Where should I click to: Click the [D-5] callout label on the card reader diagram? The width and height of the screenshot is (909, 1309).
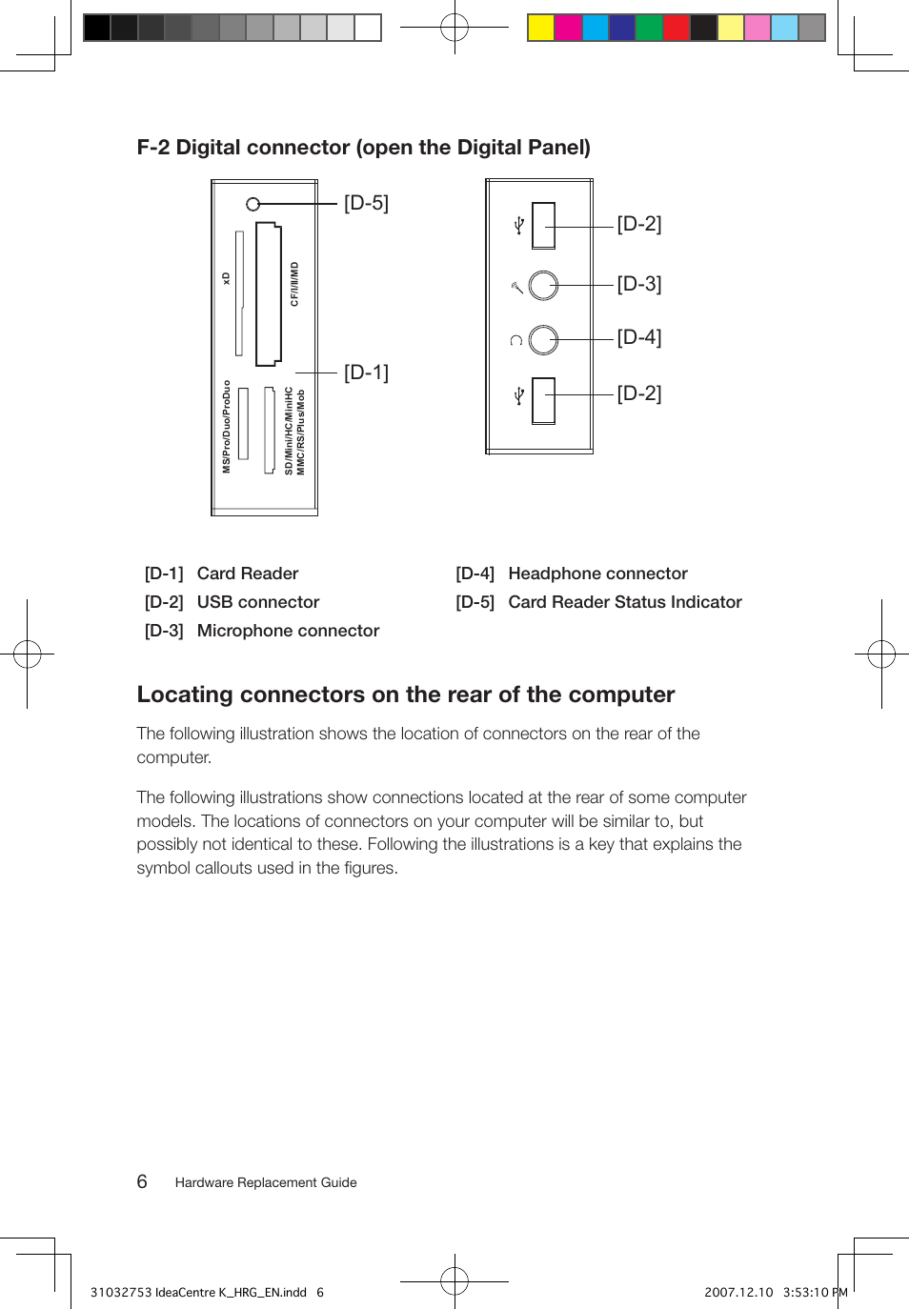366,203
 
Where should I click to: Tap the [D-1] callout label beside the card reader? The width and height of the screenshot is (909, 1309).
366,373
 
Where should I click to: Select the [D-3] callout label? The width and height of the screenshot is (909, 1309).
638,284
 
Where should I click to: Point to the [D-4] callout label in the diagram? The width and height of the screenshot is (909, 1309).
638,337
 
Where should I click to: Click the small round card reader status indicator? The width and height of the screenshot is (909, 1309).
252,204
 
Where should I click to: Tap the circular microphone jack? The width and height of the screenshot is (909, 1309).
543,285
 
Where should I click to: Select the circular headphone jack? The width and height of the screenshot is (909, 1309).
543,339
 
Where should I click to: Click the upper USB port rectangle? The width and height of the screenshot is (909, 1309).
543,226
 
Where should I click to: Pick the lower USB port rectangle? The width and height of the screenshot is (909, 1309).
543,400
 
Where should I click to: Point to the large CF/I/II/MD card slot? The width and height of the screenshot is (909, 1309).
268,294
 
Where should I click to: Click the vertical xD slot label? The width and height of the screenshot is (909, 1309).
226,278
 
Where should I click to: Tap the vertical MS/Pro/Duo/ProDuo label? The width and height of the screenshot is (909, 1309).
227,427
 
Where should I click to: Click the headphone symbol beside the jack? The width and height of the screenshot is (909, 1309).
515,340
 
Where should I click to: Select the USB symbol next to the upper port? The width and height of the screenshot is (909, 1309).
519,226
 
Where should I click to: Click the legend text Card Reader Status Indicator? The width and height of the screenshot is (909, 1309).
624,602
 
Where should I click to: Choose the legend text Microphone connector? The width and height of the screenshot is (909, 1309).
288,631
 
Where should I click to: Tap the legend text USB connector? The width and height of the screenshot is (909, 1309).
257,602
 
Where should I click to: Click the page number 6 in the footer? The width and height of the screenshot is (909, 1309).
142,1181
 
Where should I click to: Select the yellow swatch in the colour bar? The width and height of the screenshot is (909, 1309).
541,28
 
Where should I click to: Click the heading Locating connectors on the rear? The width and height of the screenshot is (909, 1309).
405,695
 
